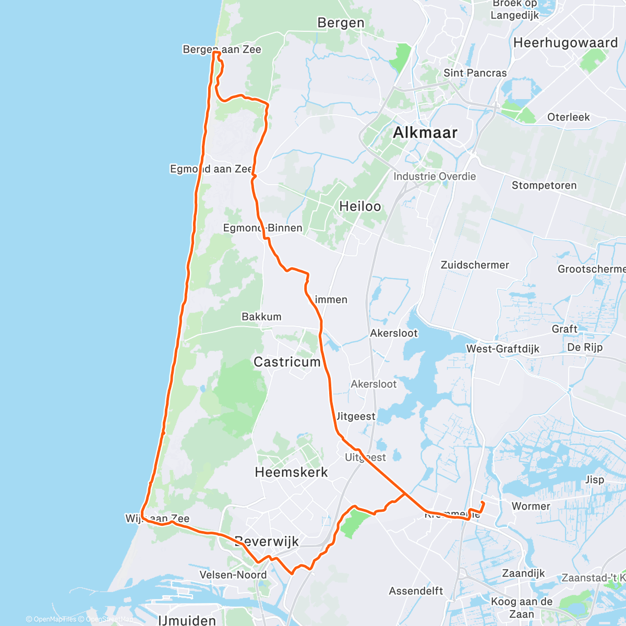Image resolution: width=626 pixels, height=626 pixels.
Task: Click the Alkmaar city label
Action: click(425, 133)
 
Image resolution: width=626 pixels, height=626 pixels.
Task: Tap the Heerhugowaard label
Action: click(565, 43)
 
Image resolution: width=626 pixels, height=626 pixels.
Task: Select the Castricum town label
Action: click(287, 362)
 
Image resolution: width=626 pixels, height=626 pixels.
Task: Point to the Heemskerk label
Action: click(291, 472)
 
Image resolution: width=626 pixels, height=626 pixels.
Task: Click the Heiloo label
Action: click(360, 207)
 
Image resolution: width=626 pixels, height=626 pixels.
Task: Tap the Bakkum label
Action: click(261, 317)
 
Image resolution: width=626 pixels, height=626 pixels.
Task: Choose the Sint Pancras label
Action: click(475, 73)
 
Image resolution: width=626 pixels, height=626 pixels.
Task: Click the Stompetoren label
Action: click(544, 185)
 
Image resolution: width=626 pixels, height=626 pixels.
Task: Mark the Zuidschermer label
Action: click(475, 265)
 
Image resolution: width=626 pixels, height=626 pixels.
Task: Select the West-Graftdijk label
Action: click(503, 348)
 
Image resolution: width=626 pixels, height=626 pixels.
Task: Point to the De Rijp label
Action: click(585, 347)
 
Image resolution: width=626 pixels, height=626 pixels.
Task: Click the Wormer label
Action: click(531, 506)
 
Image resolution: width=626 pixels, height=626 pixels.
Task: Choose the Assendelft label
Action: click(416, 591)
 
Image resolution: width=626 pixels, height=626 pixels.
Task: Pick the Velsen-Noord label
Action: click(233, 575)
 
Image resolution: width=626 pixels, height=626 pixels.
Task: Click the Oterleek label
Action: click(568, 117)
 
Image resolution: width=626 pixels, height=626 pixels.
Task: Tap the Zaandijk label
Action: click(523, 573)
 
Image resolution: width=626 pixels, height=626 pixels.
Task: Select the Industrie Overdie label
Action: click(435, 176)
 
